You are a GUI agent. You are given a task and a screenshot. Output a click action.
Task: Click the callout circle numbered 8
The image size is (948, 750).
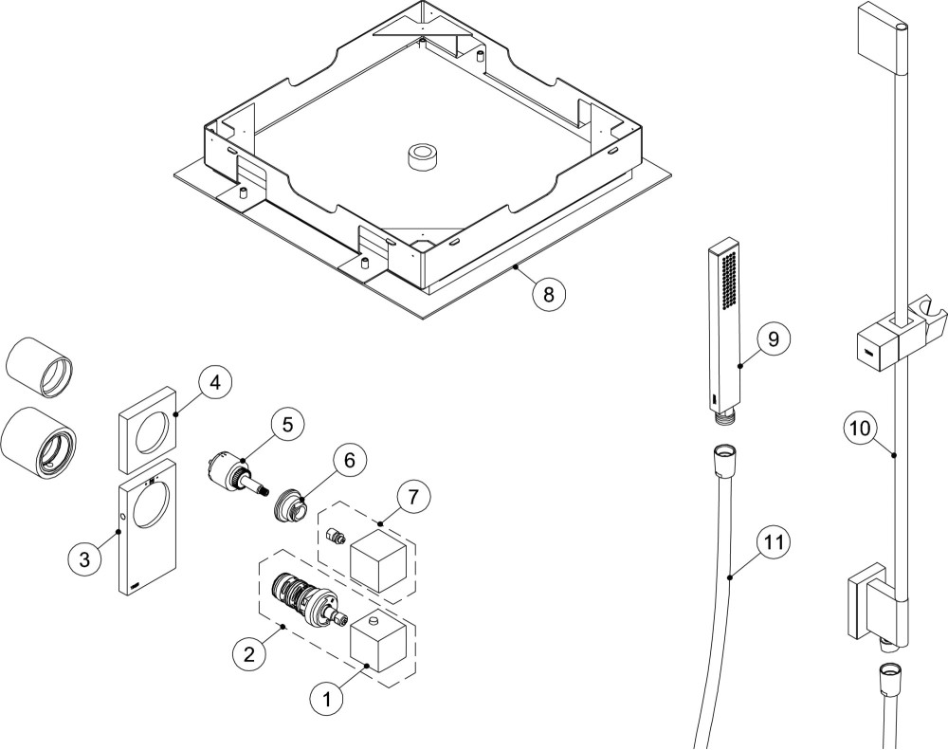coord(546,294)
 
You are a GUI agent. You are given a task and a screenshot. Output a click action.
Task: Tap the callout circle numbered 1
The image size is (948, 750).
coord(327,700)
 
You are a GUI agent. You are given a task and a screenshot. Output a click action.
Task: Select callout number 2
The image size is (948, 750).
coord(248,652)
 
